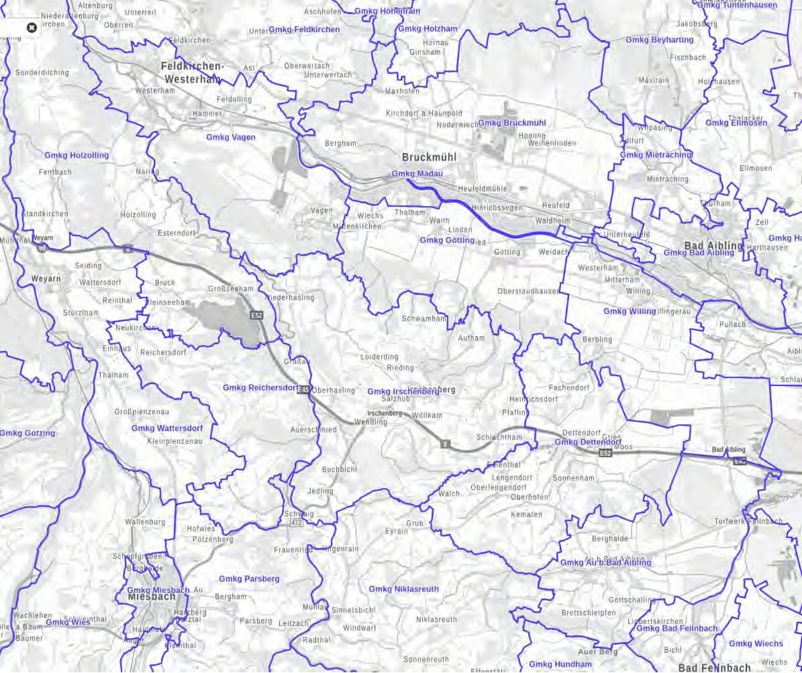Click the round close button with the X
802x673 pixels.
point(31,28)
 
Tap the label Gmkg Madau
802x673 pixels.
point(417,173)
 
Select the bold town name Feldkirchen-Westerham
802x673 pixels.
point(192,72)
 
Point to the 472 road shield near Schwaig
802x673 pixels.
point(297,522)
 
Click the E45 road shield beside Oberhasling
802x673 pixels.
point(304,390)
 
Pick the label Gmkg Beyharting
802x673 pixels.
point(659,40)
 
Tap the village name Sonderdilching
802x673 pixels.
point(42,73)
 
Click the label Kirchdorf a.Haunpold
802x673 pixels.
point(424,113)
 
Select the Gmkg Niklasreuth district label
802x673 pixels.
point(403,589)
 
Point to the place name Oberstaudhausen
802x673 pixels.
point(528,291)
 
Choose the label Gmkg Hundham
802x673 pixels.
point(560,664)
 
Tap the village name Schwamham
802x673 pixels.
point(424,318)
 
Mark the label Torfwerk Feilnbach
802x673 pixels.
point(748,521)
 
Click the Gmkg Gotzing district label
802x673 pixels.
point(27,433)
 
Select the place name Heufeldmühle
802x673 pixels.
point(483,189)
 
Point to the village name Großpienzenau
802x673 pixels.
point(141,411)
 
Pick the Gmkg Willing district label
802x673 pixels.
point(629,311)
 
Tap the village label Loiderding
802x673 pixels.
point(379,357)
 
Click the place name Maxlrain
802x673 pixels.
point(654,80)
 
